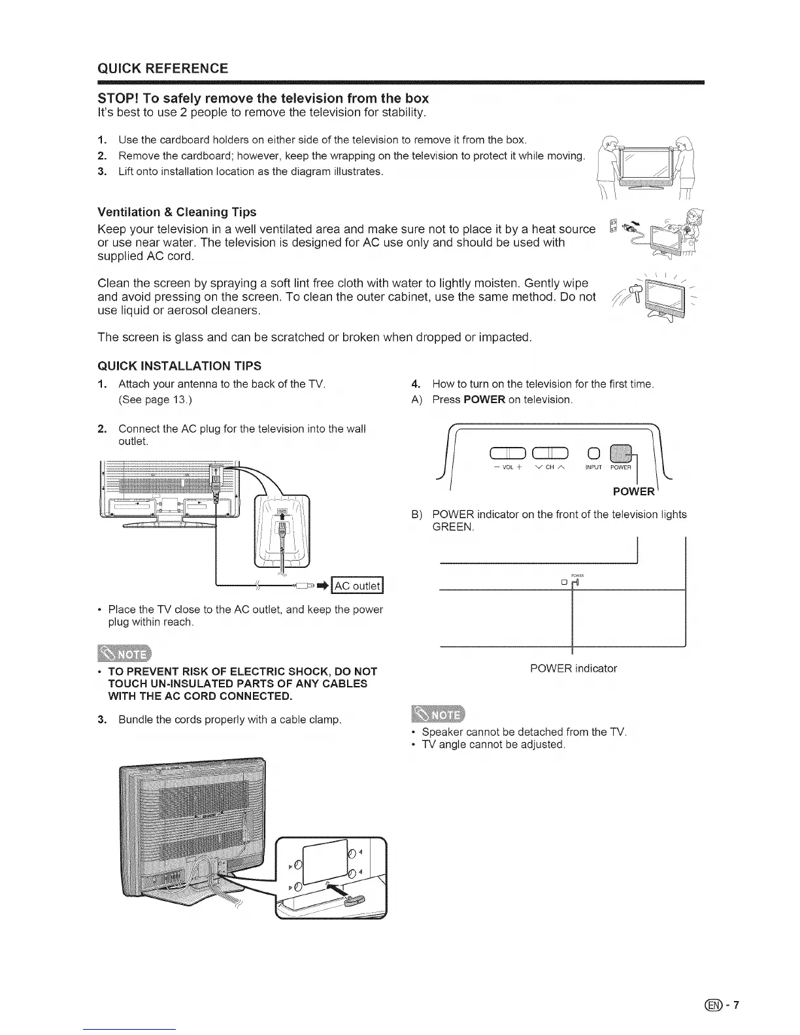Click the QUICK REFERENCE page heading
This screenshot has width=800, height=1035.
pos(162,69)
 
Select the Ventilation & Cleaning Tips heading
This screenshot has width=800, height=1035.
pos(176,212)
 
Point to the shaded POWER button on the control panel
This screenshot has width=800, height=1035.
pos(620,452)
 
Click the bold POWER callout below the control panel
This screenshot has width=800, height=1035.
pos(633,491)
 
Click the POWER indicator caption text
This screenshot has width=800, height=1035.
pos(573,668)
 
